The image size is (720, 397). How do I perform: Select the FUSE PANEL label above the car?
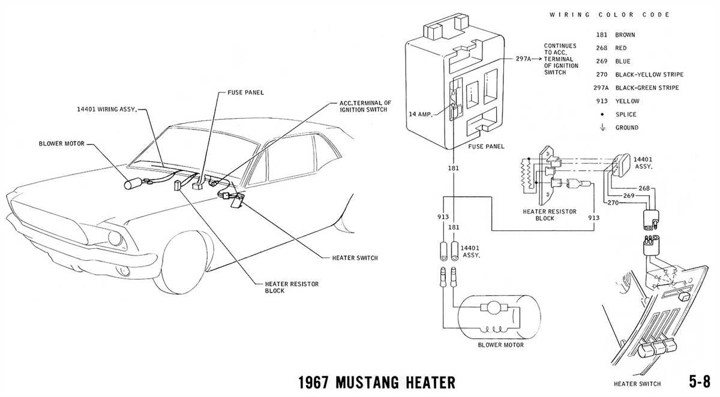(x=246, y=92)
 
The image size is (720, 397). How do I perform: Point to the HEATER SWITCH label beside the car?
(x=355, y=258)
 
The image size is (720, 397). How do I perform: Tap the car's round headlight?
(x=114, y=238)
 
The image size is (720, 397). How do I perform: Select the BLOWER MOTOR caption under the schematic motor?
(x=500, y=345)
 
